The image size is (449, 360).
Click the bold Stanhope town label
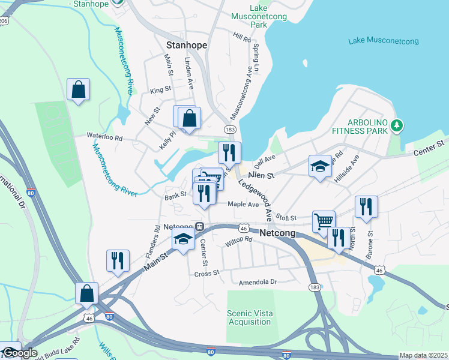click(x=186, y=45)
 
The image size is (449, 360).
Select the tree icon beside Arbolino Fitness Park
click(x=396, y=125)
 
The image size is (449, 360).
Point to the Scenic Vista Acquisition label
click(x=249, y=317)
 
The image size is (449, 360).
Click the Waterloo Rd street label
click(x=104, y=137)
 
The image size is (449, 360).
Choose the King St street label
click(x=160, y=90)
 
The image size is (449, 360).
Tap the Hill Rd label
click(x=242, y=38)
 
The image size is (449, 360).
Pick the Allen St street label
click(x=261, y=175)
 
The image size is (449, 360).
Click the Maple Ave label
click(x=243, y=204)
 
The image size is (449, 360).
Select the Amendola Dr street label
click(x=258, y=281)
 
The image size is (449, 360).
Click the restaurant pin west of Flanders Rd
click(x=117, y=260)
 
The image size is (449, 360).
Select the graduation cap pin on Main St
click(x=182, y=239)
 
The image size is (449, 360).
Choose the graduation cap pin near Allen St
click(x=320, y=166)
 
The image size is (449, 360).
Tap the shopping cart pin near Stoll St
click(x=324, y=221)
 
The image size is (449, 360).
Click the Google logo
click(x=19, y=353)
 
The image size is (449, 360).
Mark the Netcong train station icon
click(x=199, y=227)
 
